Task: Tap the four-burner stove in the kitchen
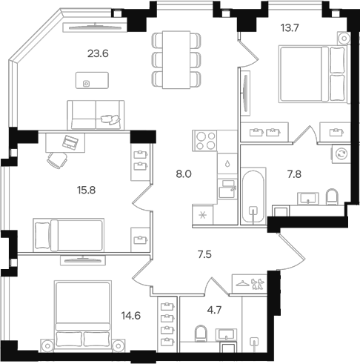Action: (x=204, y=138)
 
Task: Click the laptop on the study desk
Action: (x=71, y=141)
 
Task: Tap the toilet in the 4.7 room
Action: (x=199, y=335)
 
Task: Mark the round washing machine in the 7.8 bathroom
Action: (x=341, y=153)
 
